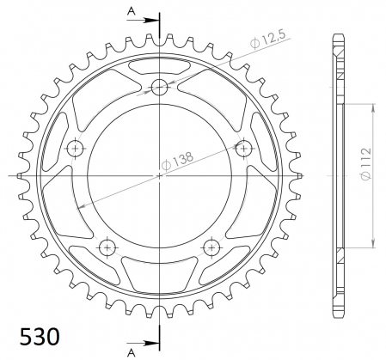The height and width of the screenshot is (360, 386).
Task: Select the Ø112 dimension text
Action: point(365,175)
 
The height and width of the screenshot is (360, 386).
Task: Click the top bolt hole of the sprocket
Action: point(160,86)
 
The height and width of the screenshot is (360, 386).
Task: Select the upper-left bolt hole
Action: point(77,148)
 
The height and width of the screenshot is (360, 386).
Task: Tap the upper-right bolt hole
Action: point(244,148)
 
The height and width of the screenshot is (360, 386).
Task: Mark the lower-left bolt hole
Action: point(108,247)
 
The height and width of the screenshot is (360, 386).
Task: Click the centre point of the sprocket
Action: point(160,175)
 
